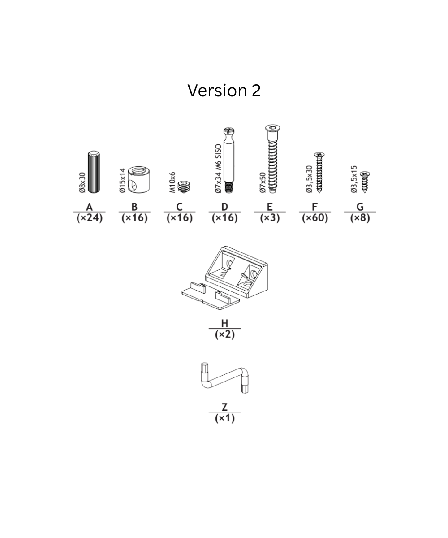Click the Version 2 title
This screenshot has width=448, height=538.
(x=224, y=91)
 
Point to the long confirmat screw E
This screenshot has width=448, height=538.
(x=272, y=159)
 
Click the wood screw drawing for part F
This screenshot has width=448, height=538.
(x=319, y=173)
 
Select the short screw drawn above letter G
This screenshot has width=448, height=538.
(x=365, y=182)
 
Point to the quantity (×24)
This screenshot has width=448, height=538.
(x=90, y=218)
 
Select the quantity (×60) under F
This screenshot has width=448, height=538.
(x=314, y=218)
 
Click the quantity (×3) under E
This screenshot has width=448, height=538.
(x=269, y=218)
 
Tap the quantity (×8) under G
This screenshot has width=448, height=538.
(x=360, y=218)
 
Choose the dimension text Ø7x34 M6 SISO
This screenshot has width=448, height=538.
(x=218, y=169)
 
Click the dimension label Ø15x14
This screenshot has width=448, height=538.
(x=123, y=181)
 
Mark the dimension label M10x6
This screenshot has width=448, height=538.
(x=172, y=182)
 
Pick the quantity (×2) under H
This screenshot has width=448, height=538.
(x=224, y=334)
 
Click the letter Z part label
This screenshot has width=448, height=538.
(x=224, y=407)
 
